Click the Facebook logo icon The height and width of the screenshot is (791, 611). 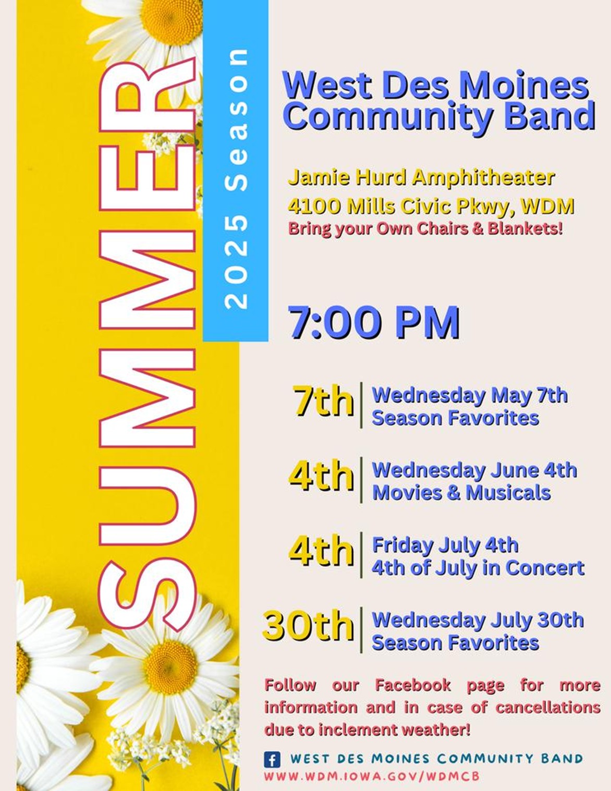(x=272, y=759)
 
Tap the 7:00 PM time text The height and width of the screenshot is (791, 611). (x=374, y=322)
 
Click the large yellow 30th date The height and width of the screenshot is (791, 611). (x=308, y=626)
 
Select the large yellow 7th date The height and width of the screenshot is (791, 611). (x=324, y=401)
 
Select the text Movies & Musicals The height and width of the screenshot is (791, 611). (x=461, y=493)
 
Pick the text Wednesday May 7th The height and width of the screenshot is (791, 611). (x=470, y=396)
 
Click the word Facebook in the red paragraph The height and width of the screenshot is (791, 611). (x=413, y=686)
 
